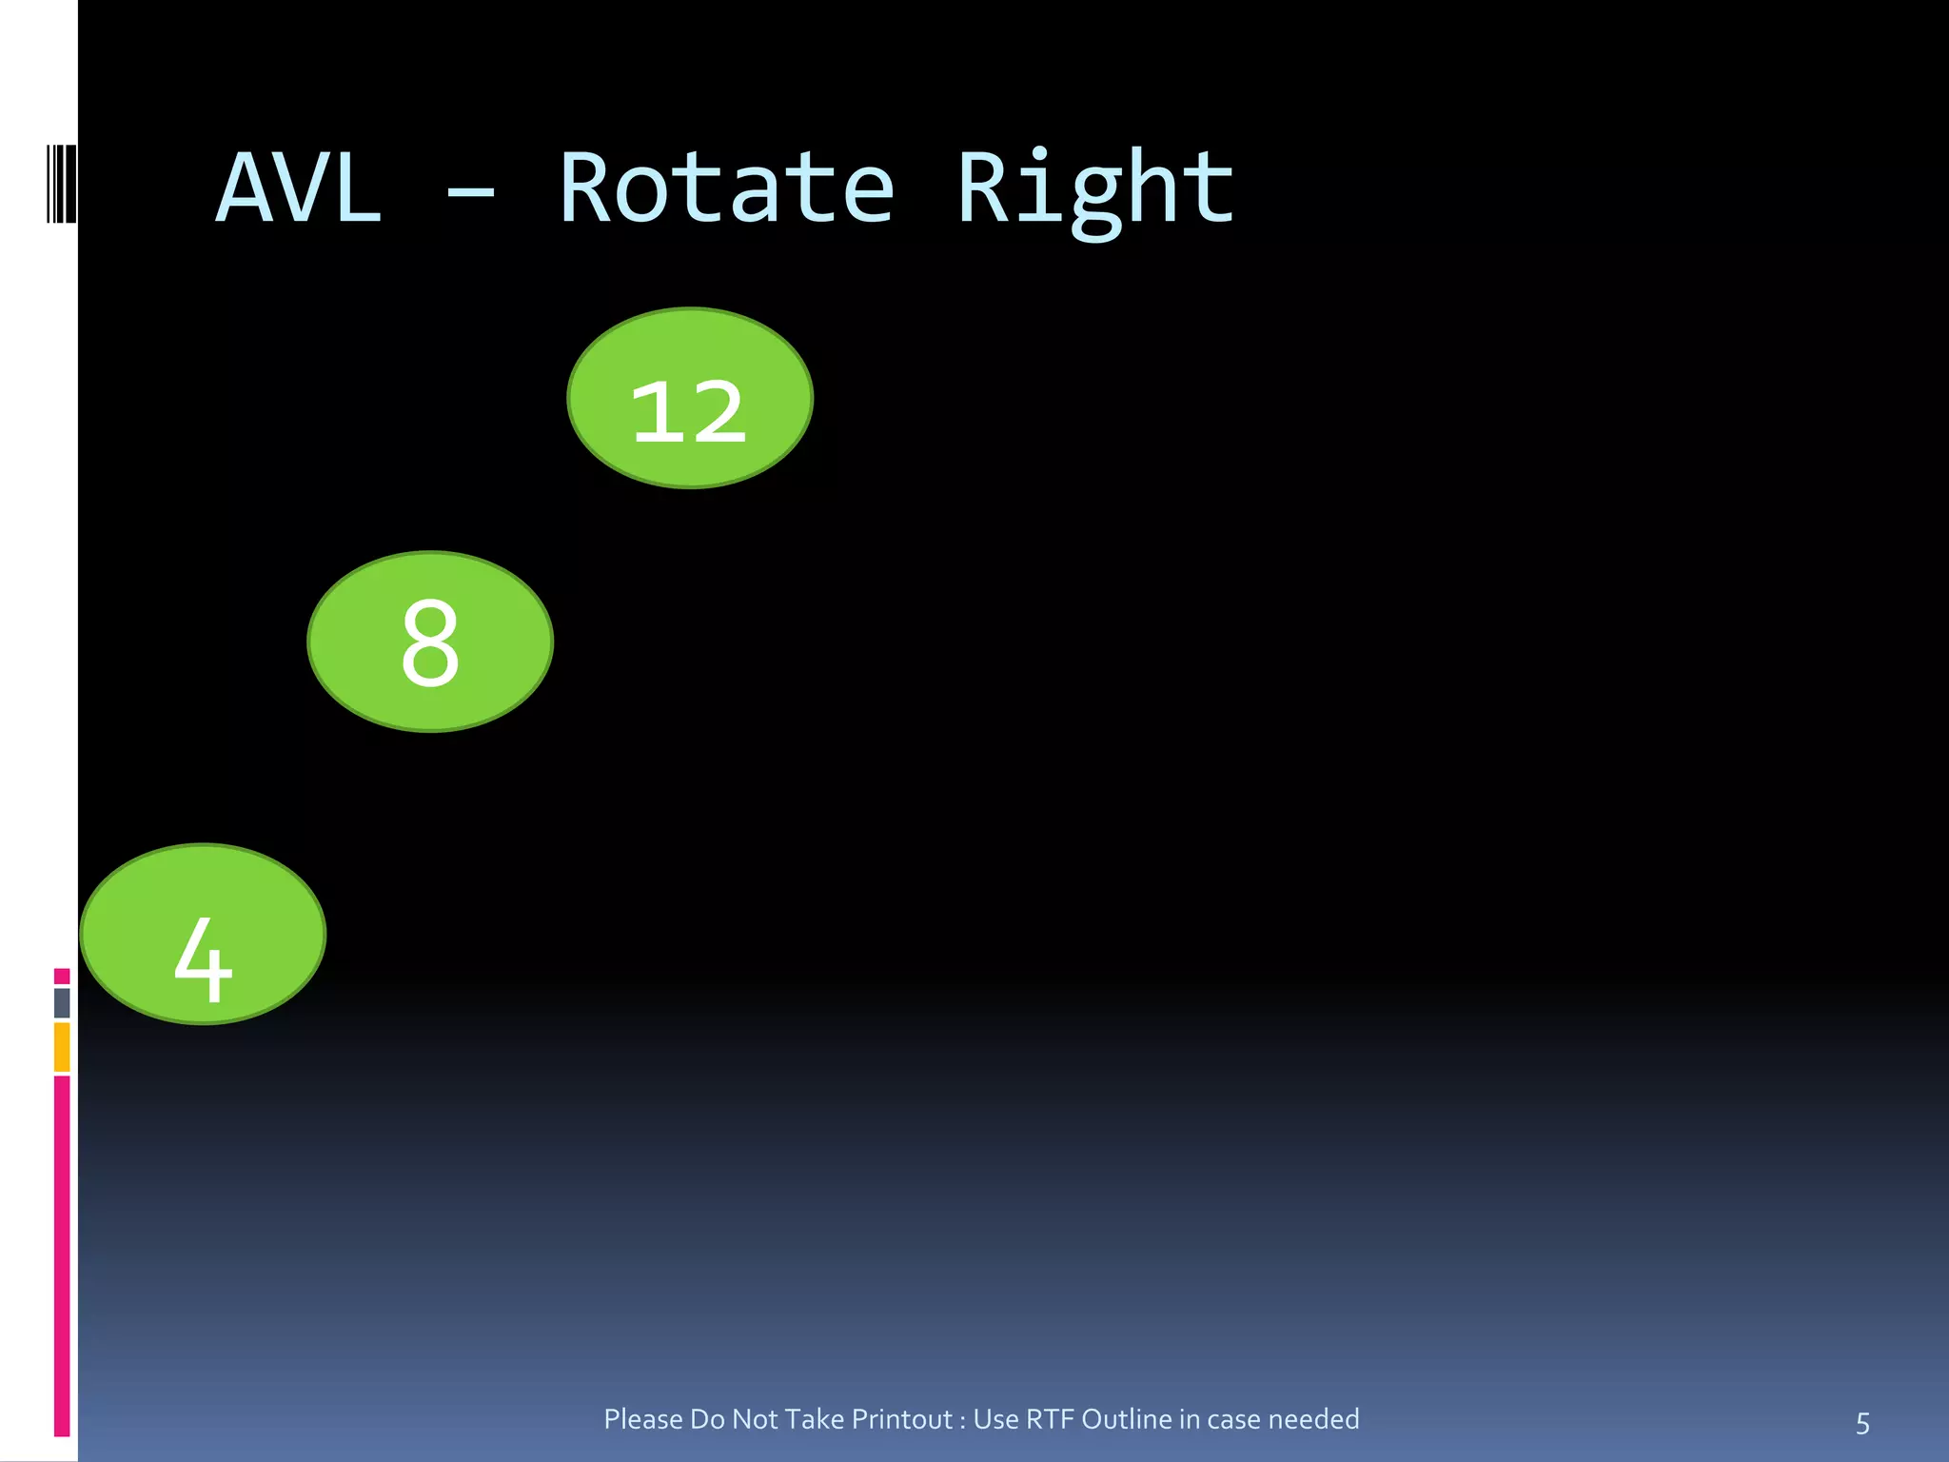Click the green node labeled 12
(x=690, y=398)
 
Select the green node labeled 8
(x=430, y=642)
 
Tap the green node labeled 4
(x=203, y=935)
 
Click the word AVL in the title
(x=299, y=189)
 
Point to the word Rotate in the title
(x=726, y=189)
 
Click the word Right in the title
(x=1094, y=189)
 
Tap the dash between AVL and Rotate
(x=470, y=193)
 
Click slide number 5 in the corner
(x=1862, y=1423)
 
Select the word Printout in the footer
(x=902, y=1419)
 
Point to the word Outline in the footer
(x=1127, y=1419)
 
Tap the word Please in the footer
(x=643, y=1419)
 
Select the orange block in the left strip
(x=62, y=1046)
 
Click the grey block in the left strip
(x=62, y=1002)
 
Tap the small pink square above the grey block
(x=62, y=976)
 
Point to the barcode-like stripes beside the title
(x=61, y=184)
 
